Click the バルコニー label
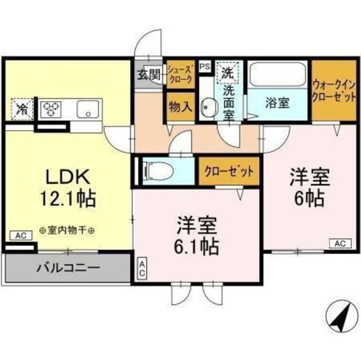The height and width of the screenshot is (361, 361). point(68,267)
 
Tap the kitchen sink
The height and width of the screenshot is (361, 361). point(88,108)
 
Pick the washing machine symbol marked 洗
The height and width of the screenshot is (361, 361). point(227,73)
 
